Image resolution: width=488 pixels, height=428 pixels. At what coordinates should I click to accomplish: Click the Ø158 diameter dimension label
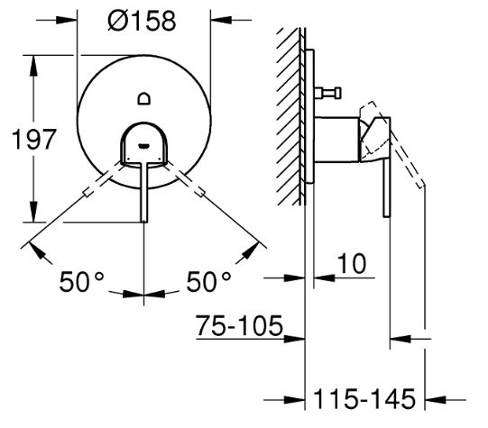click(142, 21)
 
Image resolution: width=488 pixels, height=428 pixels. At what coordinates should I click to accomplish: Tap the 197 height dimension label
click(34, 140)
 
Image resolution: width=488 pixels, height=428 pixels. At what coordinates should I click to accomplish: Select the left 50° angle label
click(81, 282)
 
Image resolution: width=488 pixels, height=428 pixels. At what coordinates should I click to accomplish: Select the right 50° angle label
click(208, 282)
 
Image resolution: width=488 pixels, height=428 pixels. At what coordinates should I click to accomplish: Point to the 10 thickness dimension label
click(352, 264)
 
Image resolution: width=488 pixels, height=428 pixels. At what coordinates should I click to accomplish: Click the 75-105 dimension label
click(239, 326)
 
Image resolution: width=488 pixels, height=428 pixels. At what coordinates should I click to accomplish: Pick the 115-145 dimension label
click(364, 399)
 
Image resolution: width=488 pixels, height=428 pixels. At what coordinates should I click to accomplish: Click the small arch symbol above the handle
click(144, 99)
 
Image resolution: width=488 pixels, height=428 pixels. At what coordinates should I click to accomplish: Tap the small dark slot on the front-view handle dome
click(143, 145)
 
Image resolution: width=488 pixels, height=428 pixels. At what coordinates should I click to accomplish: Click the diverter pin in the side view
click(327, 93)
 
